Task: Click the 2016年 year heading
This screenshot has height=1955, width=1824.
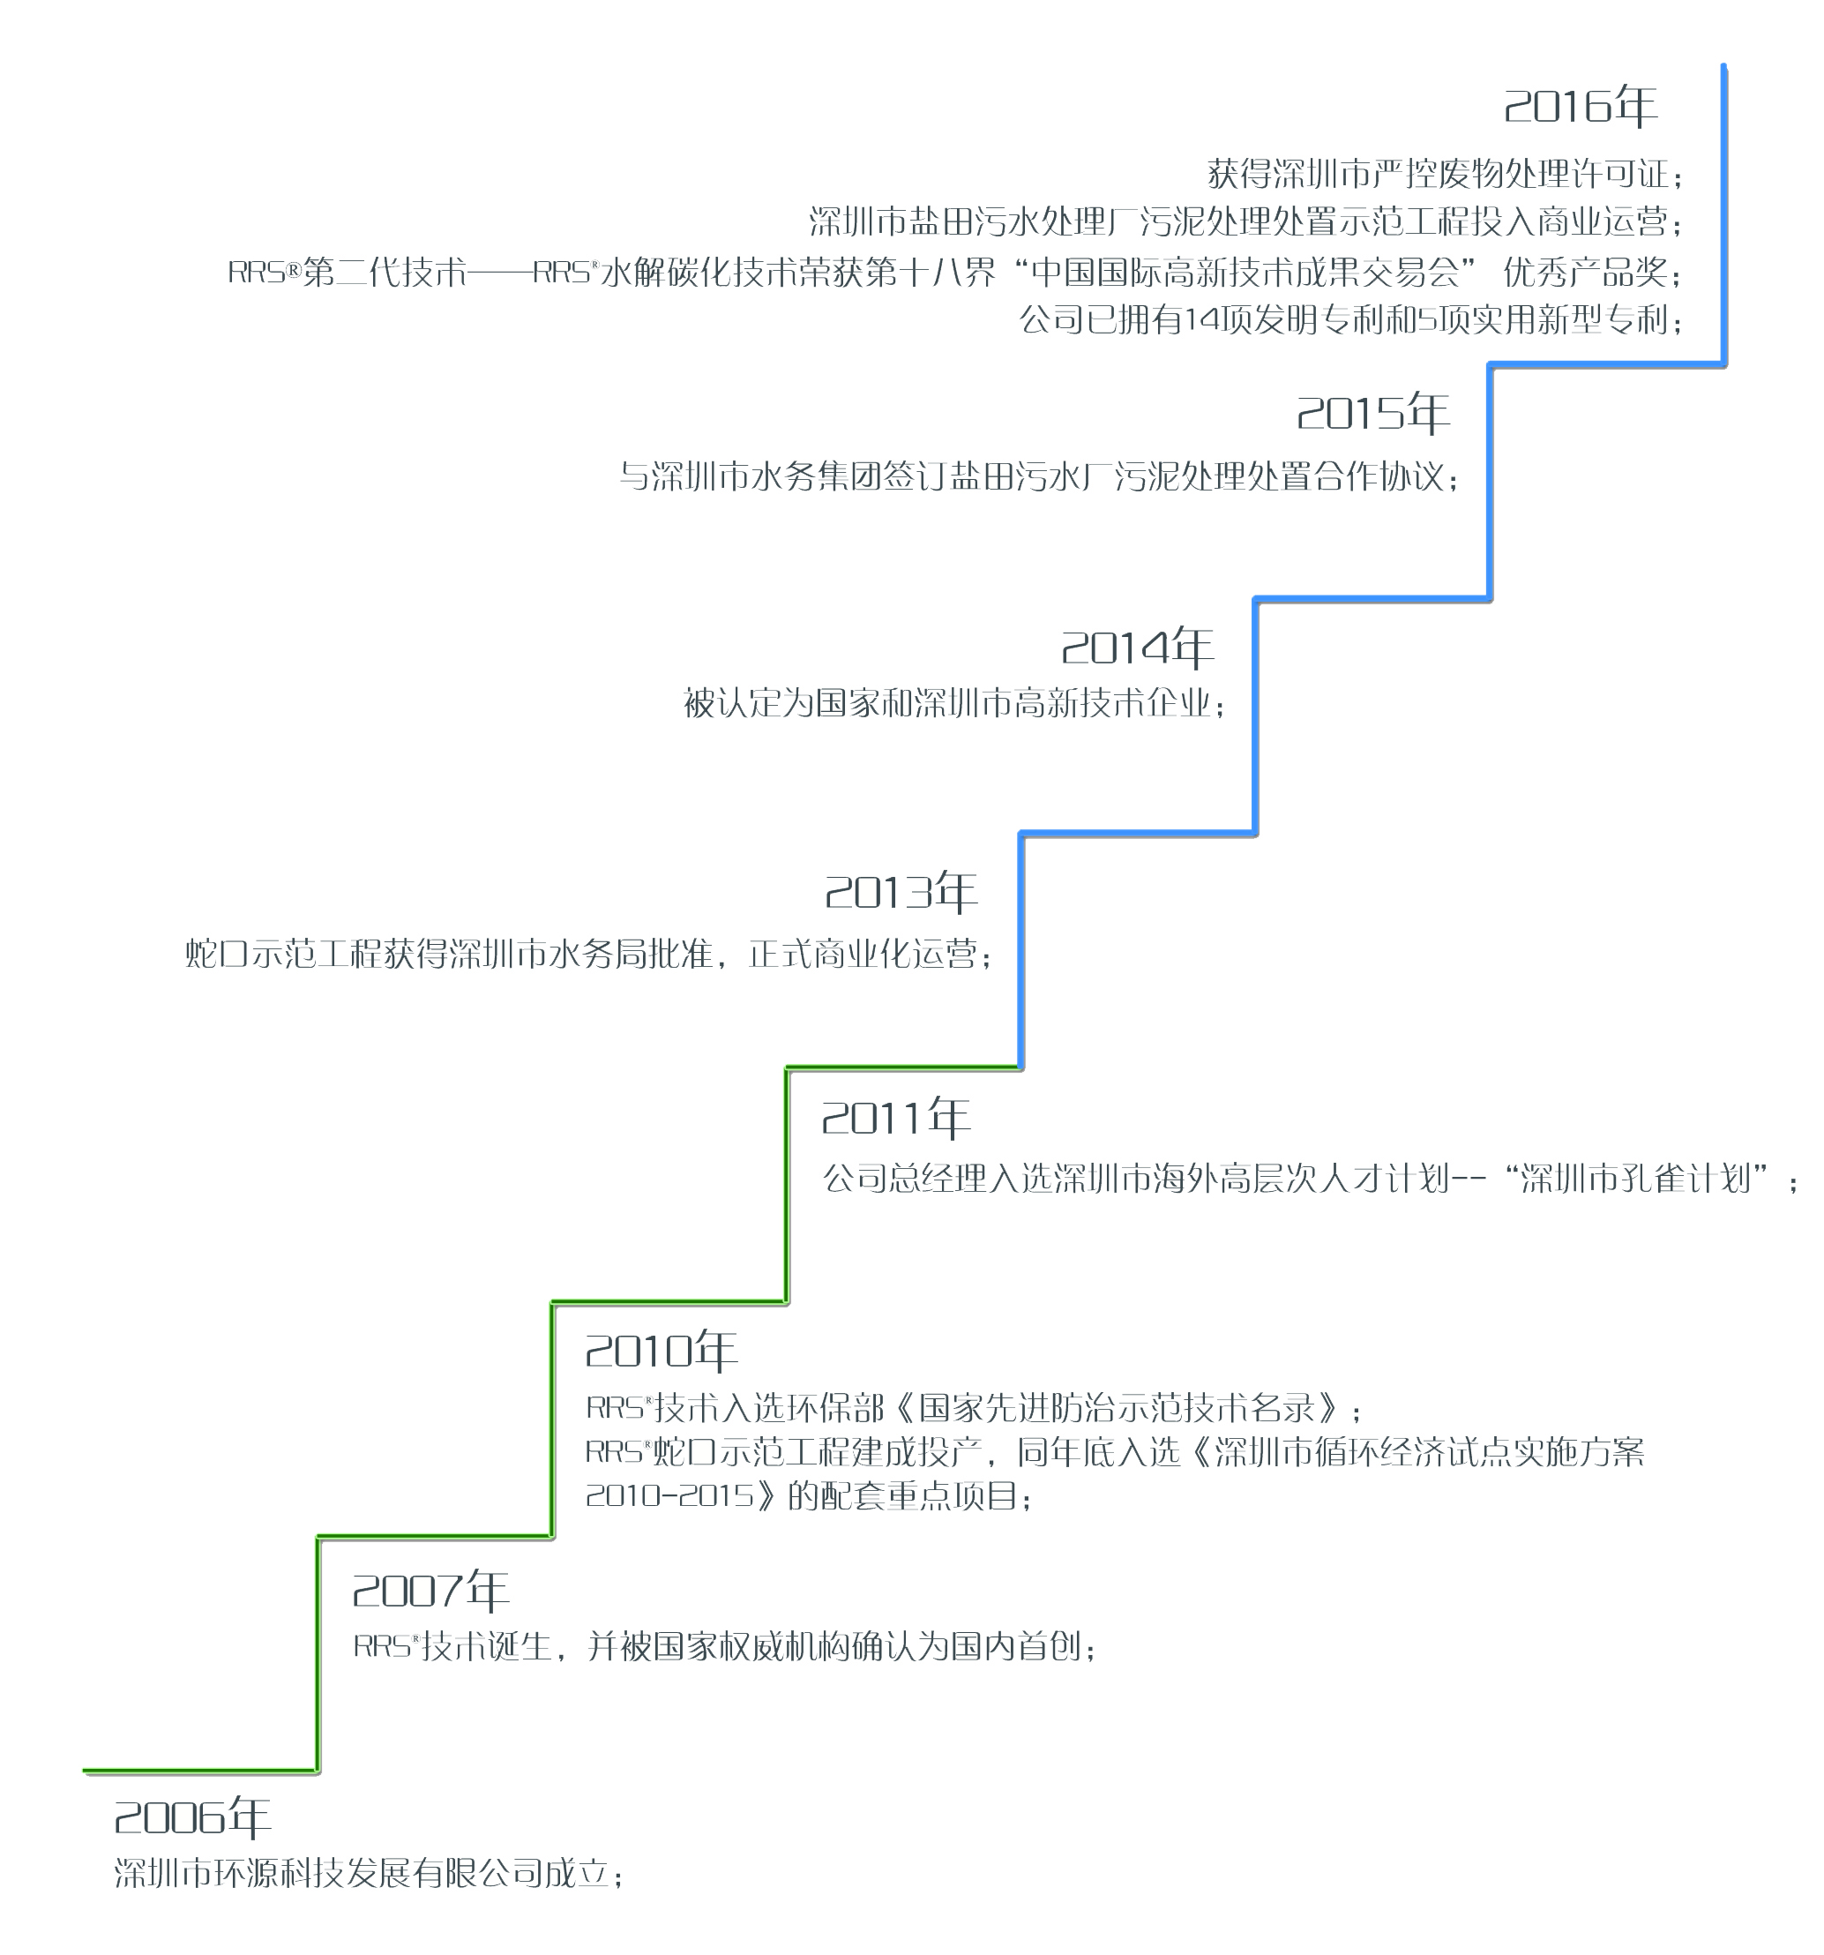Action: [x=1581, y=106]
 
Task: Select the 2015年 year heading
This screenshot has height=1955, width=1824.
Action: [x=1373, y=413]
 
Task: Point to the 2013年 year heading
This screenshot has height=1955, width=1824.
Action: [x=901, y=892]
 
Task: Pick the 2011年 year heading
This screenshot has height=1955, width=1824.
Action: [x=896, y=1118]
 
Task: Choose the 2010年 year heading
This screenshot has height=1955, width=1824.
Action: [x=661, y=1352]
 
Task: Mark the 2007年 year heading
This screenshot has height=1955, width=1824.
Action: [x=430, y=1592]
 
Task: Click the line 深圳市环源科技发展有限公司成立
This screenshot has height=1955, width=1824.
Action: [x=369, y=1873]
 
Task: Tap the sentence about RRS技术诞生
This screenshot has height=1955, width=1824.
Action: [x=725, y=1646]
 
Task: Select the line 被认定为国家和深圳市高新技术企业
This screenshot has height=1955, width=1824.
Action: [x=954, y=704]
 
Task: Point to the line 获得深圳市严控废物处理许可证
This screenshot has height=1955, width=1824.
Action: [x=1446, y=175]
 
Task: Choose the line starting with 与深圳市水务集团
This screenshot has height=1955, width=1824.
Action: [x=1039, y=477]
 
